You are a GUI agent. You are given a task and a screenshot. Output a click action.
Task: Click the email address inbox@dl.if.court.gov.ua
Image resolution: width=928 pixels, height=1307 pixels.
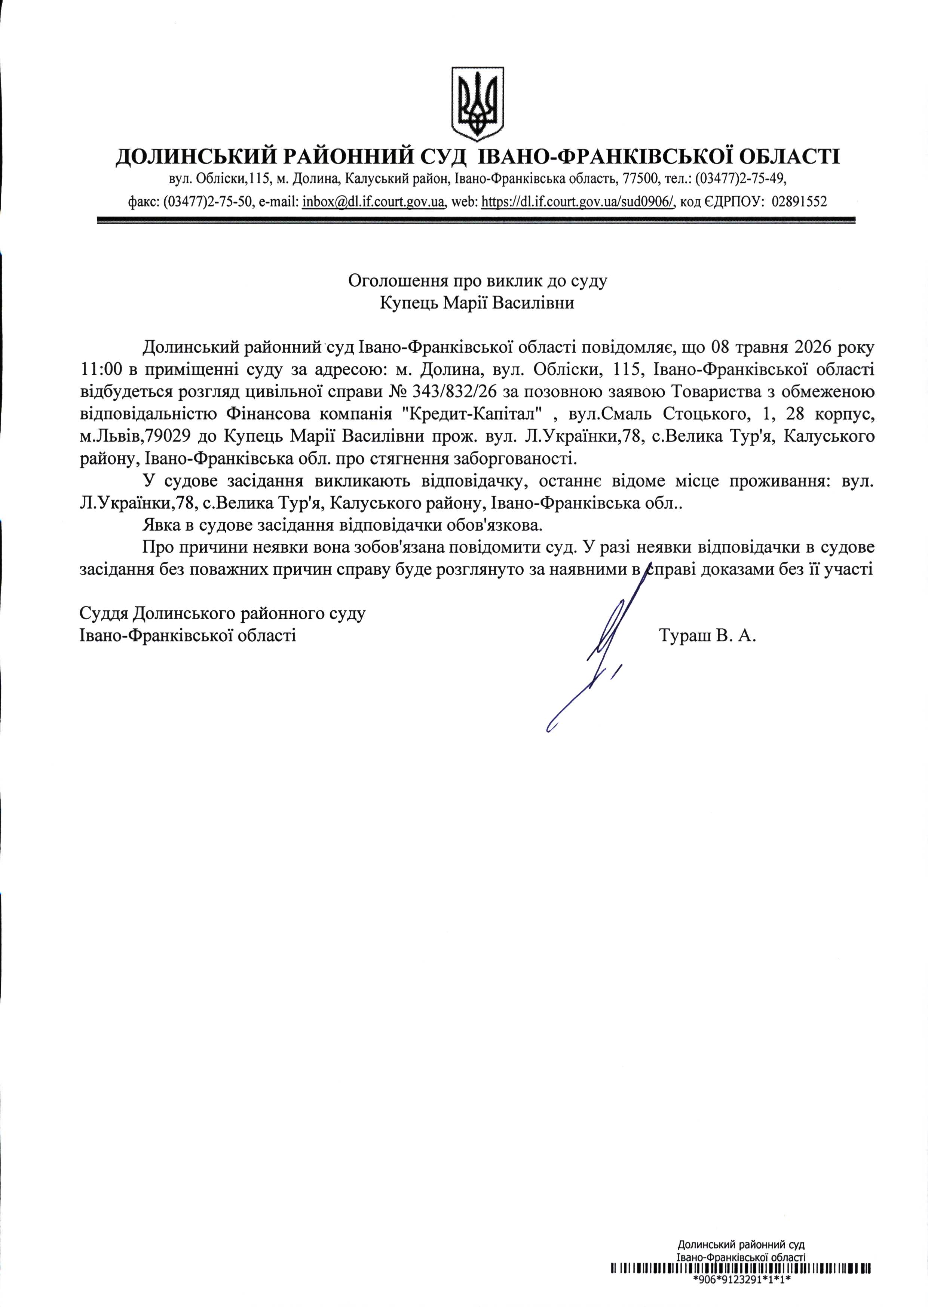[374, 202]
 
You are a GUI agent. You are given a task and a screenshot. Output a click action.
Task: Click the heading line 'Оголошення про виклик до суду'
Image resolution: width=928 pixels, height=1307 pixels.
[478, 280]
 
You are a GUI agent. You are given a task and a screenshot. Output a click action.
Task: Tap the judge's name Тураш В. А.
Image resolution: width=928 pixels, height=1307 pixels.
[707, 635]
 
